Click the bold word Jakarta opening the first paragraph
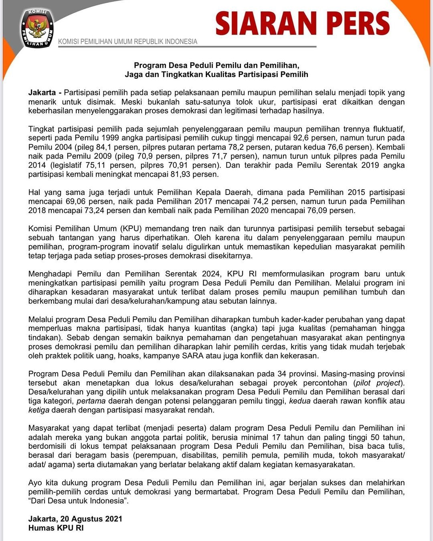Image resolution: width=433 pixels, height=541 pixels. (42, 93)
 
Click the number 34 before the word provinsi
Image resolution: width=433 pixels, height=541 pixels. (282, 374)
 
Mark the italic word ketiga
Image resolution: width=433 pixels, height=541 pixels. (39, 410)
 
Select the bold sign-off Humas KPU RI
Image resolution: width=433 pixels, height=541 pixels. (56, 528)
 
